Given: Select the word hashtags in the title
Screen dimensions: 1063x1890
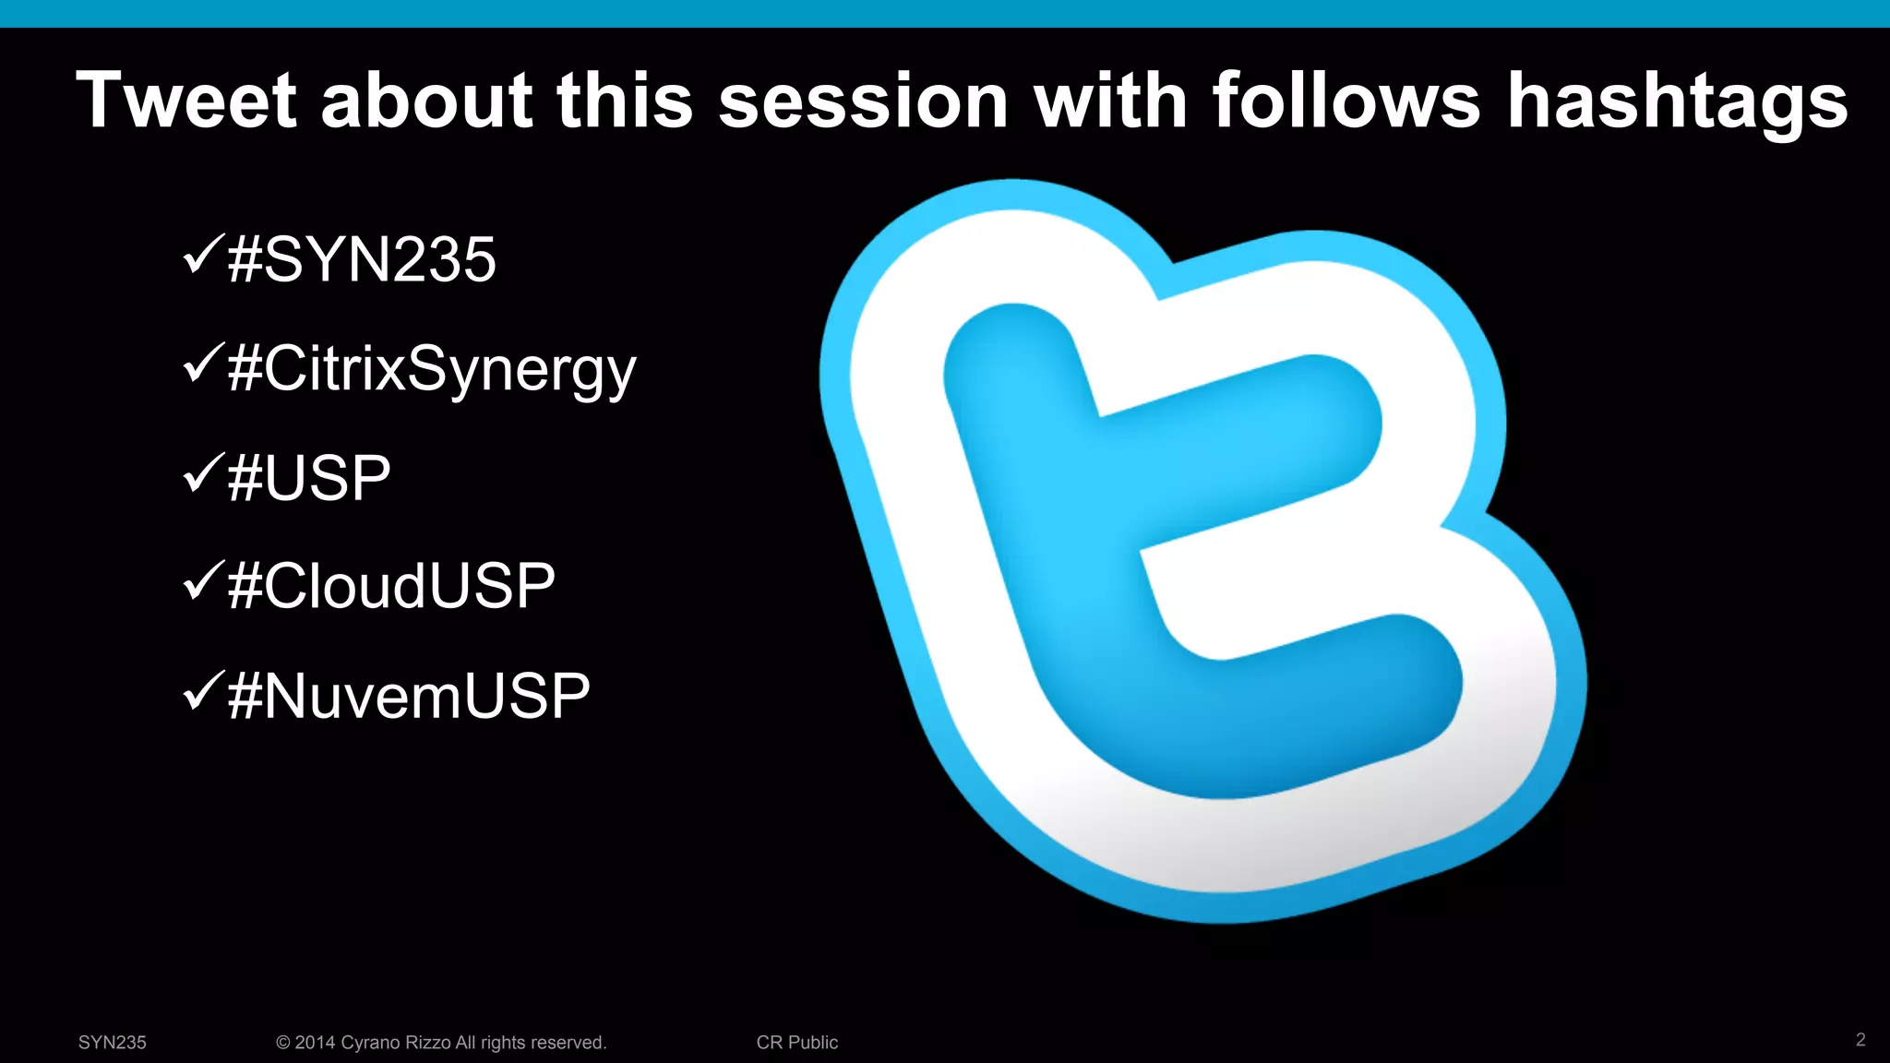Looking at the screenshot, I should click(x=1677, y=102).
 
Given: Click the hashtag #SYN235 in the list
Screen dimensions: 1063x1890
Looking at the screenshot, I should click(x=362, y=259).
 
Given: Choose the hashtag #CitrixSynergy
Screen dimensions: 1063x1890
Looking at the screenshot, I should click(x=432, y=369).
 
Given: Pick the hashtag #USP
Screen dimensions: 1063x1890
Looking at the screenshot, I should click(x=309, y=478).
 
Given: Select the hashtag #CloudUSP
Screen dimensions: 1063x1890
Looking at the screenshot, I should click(x=391, y=586).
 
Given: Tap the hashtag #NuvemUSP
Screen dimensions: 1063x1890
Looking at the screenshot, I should click(x=409, y=695).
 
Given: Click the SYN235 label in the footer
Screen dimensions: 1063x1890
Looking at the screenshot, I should click(x=113, y=1043).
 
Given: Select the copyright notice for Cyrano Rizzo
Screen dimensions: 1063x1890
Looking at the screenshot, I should click(x=441, y=1043).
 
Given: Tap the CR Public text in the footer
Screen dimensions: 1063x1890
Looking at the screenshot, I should click(x=797, y=1043).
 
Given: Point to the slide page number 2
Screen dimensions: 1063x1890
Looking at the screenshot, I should click(x=1860, y=1040).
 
